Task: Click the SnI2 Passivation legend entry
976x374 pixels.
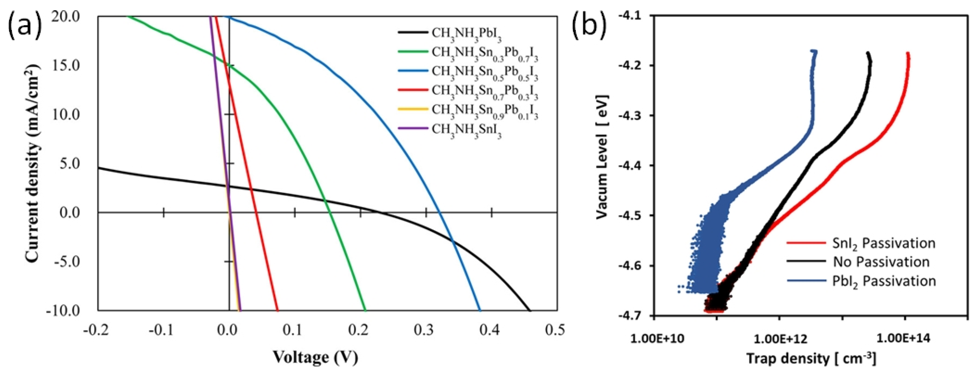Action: [x=883, y=242]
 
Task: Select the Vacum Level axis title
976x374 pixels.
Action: [x=602, y=156]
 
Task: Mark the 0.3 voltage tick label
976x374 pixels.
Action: [x=425, y=331]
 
